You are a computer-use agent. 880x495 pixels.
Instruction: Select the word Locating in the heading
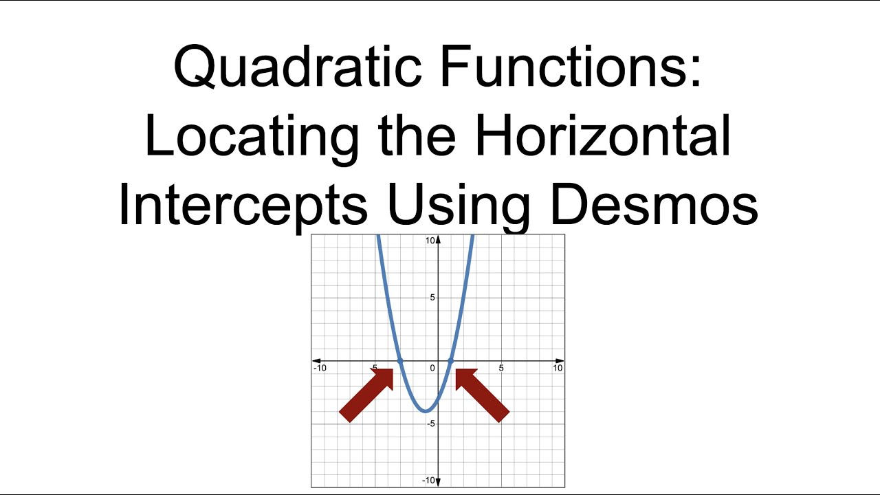[x=252, y=136]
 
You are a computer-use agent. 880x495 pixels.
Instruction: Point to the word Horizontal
[x=603, y=136]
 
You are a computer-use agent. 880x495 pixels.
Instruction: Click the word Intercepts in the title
[x=243, y=204]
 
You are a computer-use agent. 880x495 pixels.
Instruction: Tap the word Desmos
[x=654, y=204]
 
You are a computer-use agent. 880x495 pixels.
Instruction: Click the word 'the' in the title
[x=417, y=136]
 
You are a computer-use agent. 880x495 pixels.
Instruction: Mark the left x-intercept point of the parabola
[x=400, y=361]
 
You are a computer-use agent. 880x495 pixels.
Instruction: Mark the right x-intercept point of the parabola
[x=451, y=361]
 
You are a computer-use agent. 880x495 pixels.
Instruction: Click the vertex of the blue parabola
[x=426, y=411]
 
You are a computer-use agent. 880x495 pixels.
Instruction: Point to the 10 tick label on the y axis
[x=430, y=241]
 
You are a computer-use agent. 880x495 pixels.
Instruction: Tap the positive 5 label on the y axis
[x=432, y=298]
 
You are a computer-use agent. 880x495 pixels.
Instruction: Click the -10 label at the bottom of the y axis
[x=428, y=480]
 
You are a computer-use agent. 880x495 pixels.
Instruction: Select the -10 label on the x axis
[x=320, y=368]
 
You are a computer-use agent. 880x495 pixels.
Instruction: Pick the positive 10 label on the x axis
[x=558, y=368]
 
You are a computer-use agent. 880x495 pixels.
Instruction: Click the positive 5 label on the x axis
[x=500, y=368]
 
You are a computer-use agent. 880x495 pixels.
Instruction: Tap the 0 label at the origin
[x=432, y=368]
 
